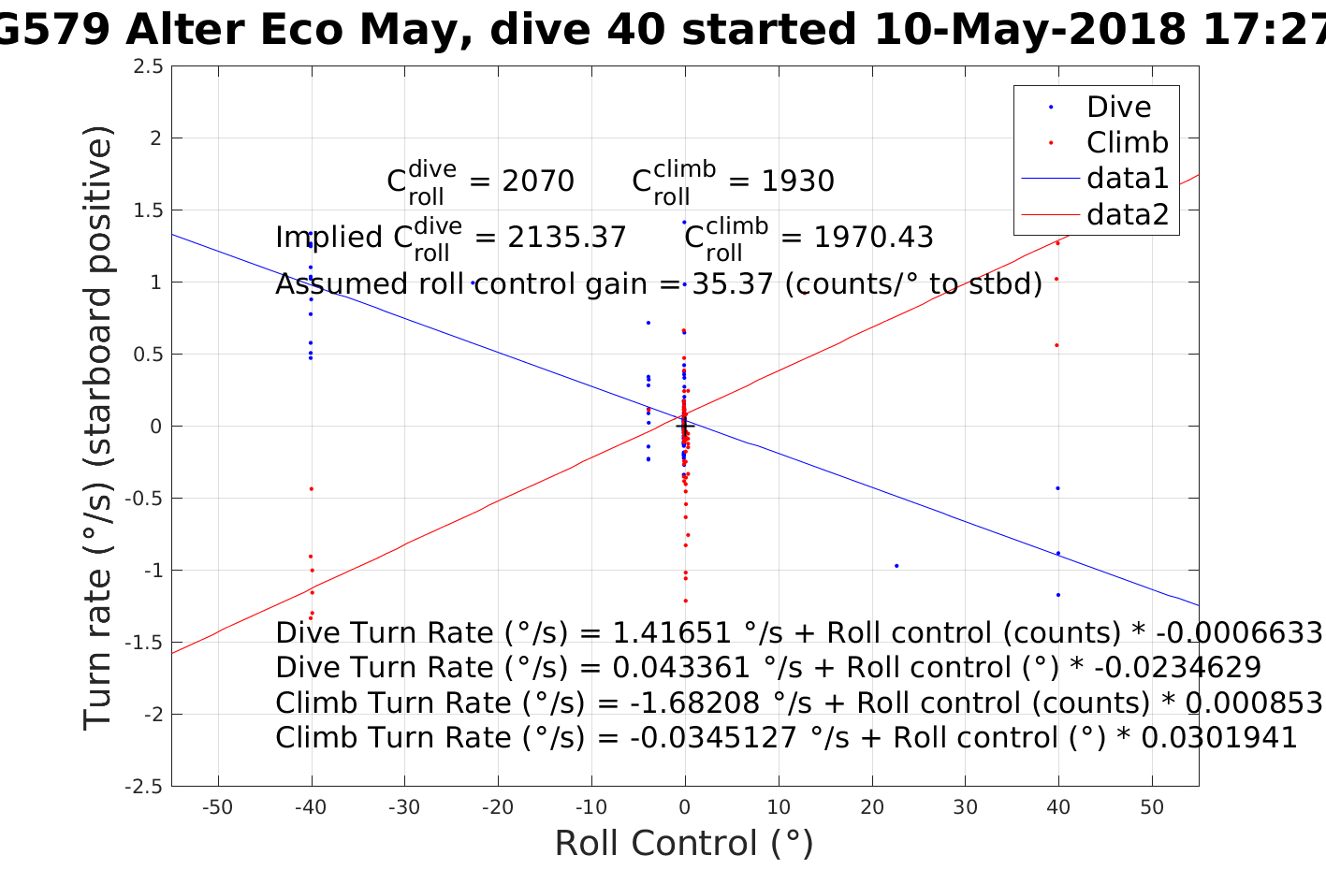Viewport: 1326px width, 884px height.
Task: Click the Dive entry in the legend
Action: click(x=1118, y=107)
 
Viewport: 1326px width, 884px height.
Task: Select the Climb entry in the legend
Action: click(x=1127, y=143)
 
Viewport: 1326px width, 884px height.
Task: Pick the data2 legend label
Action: click(x=1128, y=215)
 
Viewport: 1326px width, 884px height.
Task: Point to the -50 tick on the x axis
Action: click(x=217, y=807)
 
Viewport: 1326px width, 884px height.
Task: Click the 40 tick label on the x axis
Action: click(x=1058, y=807)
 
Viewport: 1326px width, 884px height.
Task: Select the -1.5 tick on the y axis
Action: click(x=146, y=643)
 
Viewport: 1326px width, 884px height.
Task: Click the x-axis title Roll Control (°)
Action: click(x=684, y=844)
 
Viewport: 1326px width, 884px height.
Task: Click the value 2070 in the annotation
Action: click(x=538, y=181)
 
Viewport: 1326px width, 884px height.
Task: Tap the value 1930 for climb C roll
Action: click(x=797, y=181)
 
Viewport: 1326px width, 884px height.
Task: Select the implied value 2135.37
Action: click(x=567, y=238)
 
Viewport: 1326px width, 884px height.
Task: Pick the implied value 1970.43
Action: click(x=873, y=238)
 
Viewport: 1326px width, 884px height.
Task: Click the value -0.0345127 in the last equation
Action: click(x=711, y=738)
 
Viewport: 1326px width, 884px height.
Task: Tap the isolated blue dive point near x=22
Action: click(x=896, y=565)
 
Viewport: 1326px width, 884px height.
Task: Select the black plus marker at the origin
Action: click(x=684, y=426)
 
